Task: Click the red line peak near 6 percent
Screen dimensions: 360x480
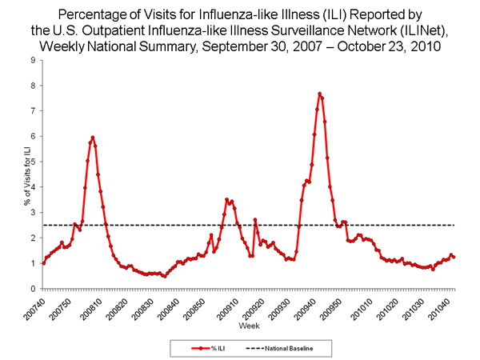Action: [93, 138]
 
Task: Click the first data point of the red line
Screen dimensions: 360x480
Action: [43, 262]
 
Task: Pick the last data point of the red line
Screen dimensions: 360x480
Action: [454, 257]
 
